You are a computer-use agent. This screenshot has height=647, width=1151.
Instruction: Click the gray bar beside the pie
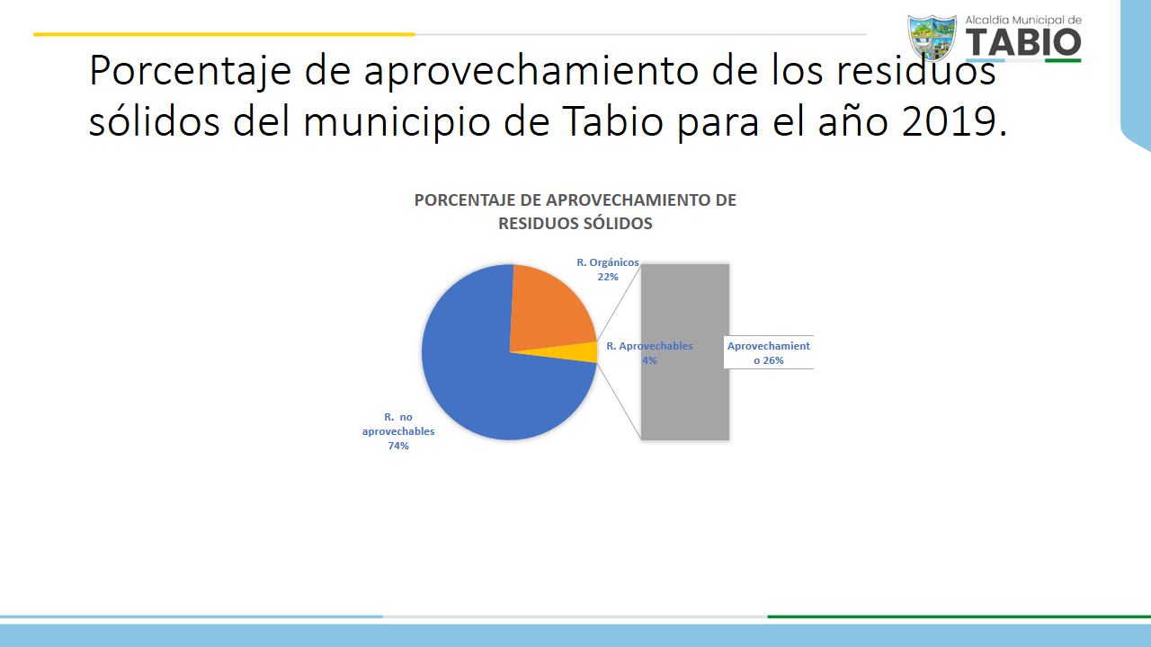[x=685, y=352]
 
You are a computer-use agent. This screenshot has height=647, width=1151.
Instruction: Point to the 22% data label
[x=607, y=277]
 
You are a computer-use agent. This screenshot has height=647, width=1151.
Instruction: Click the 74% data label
[x=398, y=446]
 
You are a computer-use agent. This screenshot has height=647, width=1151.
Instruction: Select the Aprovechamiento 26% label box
[x=768, y=353]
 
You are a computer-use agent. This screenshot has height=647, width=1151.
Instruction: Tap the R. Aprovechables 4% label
[x=649, y=353]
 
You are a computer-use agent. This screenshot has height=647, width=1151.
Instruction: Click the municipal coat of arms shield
[x=932, y=37]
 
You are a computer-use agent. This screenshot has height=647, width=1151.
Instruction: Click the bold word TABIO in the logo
[x=1023, y=42]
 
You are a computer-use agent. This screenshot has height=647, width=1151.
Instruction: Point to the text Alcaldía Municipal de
[x=1023, y=20]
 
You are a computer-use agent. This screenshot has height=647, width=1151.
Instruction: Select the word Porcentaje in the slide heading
[x=190, y=72]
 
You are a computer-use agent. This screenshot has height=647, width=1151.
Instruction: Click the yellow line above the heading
[x=224, y=34]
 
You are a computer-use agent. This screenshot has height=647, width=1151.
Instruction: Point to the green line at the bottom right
[x=959, y=616]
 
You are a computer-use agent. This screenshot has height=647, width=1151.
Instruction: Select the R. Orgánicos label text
[x=607, y=262]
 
